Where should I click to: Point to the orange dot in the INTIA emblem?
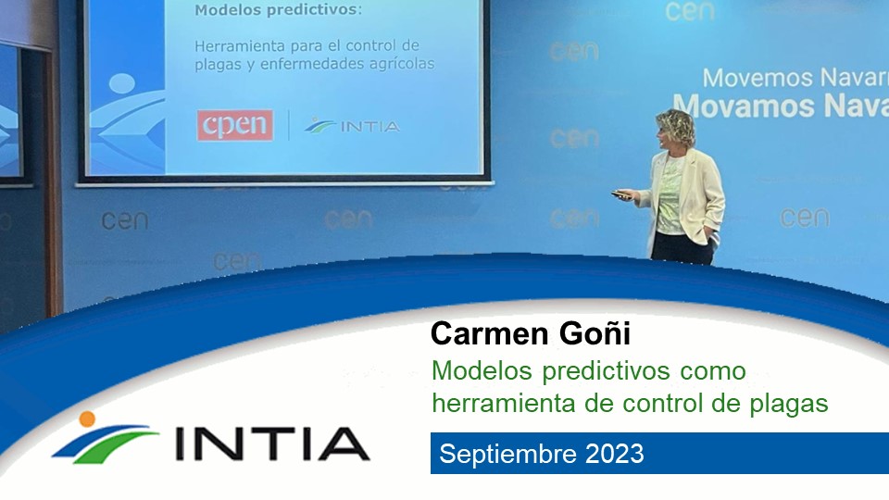tap(87, 419)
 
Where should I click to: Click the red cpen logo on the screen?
tap(234, 125)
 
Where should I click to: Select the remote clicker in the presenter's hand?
tap(620, 194)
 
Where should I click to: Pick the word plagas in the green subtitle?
tap(789, 404)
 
